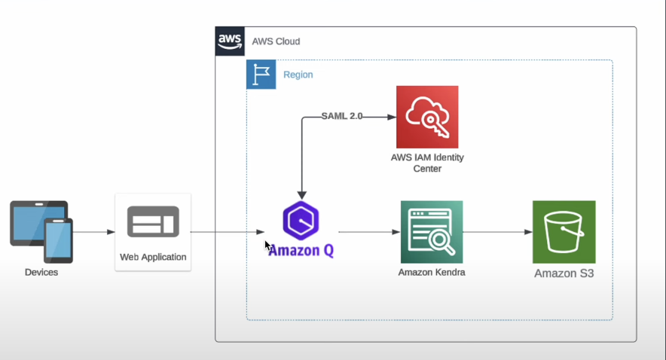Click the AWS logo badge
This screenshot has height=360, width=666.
pyautogui.click(x=230, y=41)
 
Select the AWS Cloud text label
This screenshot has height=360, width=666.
pyautogui.click(x=276, y=41)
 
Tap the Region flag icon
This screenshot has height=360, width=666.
pyautogui.click(x=261, y=75)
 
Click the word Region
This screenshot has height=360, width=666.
pyautogui.click(x=298, y=75)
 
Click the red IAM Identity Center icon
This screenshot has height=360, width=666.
pyautogui.click(x=427, y=117)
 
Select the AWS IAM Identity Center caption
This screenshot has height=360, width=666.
pyautogui.click(x=427, y=163)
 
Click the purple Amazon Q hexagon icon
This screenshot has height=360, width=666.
pyautogui.click(x=301, y=221)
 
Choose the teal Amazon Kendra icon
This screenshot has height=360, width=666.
pyautogui.click(x=432, y=231)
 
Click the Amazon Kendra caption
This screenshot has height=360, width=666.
pyautogui.click(x=432, y=272)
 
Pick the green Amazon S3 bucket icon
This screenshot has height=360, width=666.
pyautogui.click(x=564, y=231)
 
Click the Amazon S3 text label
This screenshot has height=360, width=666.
pyautogui.click(x=564, y=273)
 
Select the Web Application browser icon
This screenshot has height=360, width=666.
pyautogui.click(x=153, y=221)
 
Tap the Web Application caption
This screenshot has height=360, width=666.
pyautogui.click(x=153, y=257)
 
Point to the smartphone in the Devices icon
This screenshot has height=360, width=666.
pyautogui.click(x=58, y=240)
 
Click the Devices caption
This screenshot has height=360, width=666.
pyautogui.click(x=41, y=272)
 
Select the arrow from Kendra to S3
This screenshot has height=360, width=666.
pyautogui.click(x=497, y=232)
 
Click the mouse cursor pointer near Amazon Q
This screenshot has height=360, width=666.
pyautogui.click(x=267, y=245)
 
